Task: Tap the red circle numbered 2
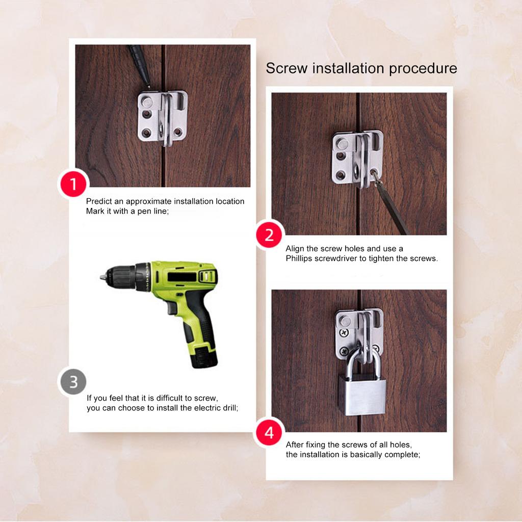tap(269, 234)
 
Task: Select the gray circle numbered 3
tap(73, 382)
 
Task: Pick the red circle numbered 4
tap(269, 433)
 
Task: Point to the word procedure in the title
tap(423, 68)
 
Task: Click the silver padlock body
tap(362, 394)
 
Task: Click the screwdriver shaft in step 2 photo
tap(393, 209)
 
